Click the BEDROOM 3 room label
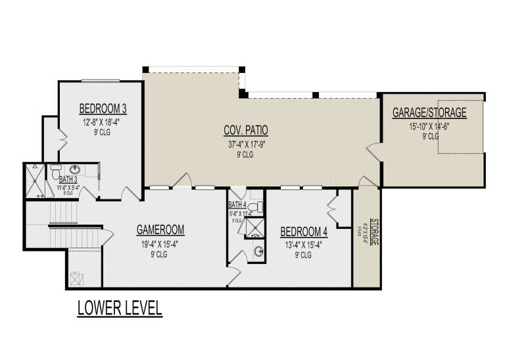(103, 109)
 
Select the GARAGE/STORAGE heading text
(429, 113)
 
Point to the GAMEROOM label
(160, 230)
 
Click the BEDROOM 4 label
(303, 232)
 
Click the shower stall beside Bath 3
(34, 181)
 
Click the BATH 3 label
(69, 179)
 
